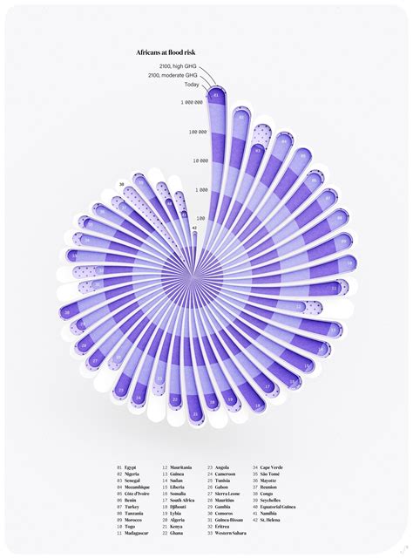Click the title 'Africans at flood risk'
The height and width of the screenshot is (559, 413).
pos(167,53)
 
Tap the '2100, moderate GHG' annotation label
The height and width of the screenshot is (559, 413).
pos(173,75)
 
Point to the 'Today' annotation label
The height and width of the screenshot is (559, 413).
pos(191,84)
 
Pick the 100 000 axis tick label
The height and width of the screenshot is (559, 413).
pos(196,132)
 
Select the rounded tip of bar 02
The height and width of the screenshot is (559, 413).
pos(241,116)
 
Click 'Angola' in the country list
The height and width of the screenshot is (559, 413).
pos(224,467)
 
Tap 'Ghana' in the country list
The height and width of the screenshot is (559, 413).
pos(177,533)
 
